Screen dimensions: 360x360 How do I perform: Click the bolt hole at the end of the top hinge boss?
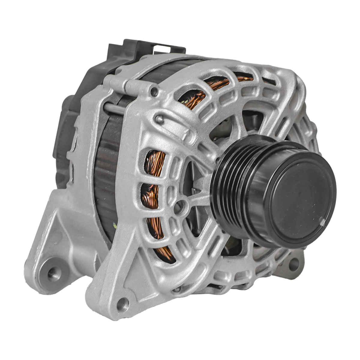coord(154,91)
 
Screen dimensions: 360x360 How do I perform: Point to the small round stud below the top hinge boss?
coord(160,119)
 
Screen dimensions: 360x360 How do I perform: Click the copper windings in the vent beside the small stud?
coord(195,97)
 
